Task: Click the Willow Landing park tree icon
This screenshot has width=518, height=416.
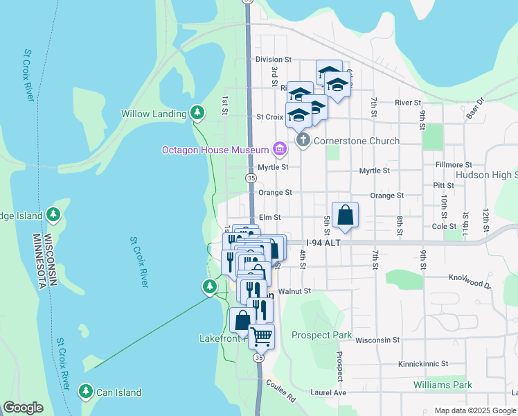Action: (x=197, y=112)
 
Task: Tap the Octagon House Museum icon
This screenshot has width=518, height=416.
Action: (x=280, y=148)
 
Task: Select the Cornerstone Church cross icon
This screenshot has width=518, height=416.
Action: (x=303, y=140)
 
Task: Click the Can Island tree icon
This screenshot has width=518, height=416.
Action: (x=86, y=392)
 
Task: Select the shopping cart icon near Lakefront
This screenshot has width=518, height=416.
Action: (x=261, y=336)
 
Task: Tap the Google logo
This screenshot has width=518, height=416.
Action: (x=24, y=408)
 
